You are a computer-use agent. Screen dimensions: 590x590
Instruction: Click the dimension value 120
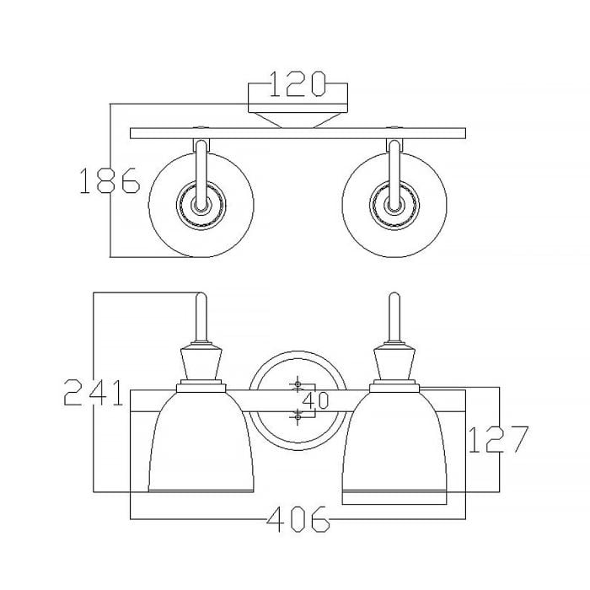(x=298, y=84)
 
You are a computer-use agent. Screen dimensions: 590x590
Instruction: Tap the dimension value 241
(x=94, y=394)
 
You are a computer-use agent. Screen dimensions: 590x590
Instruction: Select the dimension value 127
(x=497, y=439)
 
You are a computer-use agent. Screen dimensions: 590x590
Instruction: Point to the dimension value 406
(x=298, y=522)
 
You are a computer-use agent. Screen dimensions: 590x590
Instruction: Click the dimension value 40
(x=315, y=400)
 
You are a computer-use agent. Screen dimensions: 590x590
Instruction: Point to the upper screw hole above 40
(x=297, y=387)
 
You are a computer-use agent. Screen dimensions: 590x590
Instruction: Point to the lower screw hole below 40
(x=297, y=414)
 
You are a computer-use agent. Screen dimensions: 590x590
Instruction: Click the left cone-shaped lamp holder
(x=201, y=364)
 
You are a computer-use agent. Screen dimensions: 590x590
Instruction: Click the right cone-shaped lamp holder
(x=394, y=364)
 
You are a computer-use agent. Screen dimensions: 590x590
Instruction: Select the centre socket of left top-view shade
(x=201, y=205)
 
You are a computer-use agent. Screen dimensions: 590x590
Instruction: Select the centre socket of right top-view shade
(x=394, y=205)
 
